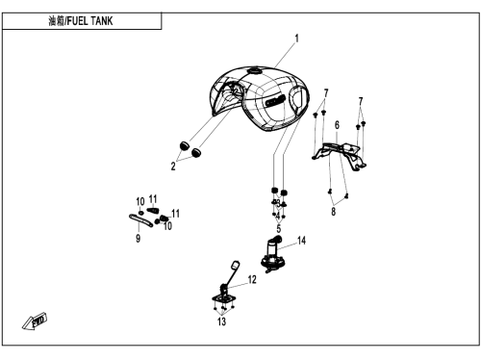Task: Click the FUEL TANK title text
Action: (x=89, y=21)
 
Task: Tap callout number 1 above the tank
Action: (x=297, y=39)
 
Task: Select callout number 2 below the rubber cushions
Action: (x=173, y=167)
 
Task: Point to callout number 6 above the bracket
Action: (x=337, y=125)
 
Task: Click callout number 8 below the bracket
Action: (x=334, y=212)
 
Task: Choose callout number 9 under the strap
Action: (x=138, y=239)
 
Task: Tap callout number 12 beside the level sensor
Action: (x=252, y=280)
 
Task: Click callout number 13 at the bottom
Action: (x=221, y=321)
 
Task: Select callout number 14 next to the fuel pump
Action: (x=301, y=241)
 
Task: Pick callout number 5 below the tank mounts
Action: (x=279, y=229)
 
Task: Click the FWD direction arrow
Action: (x=35, y=321)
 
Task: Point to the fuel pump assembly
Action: (x=272, y=254)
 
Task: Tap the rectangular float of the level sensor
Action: (x=235, y=265)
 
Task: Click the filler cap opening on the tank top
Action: (x=255, y=70)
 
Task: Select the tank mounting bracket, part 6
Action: (x=339, y=156)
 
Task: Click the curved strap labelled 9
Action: (x=140, y=220)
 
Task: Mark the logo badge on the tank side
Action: (x=275, y=101)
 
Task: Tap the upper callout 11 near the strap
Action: (x=153, y=199)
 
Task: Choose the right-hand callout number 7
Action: (x=361, y=101)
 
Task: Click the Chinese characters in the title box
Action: (x=57, y=21)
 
